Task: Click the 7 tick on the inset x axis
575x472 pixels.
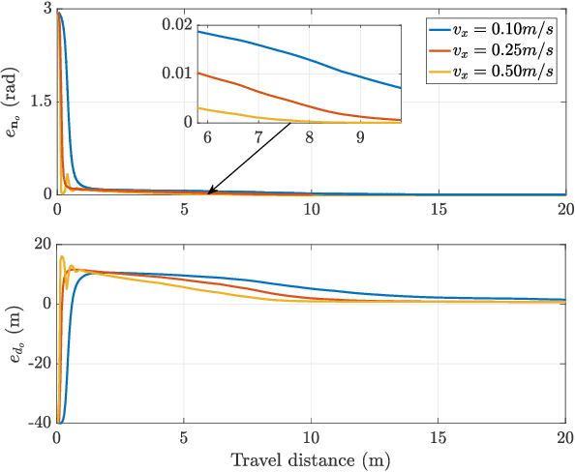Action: pos(258,138)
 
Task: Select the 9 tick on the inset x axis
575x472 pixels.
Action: pos(360,138)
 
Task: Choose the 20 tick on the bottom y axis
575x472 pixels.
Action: pos(38,245)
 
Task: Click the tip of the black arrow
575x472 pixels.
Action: pos(208,192)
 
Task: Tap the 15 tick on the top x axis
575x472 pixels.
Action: pos(439,209)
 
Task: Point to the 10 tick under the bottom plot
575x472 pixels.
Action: pos(312,438)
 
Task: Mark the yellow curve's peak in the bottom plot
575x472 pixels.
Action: pos(62,257)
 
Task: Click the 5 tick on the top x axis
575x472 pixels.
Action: pos(184,209)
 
